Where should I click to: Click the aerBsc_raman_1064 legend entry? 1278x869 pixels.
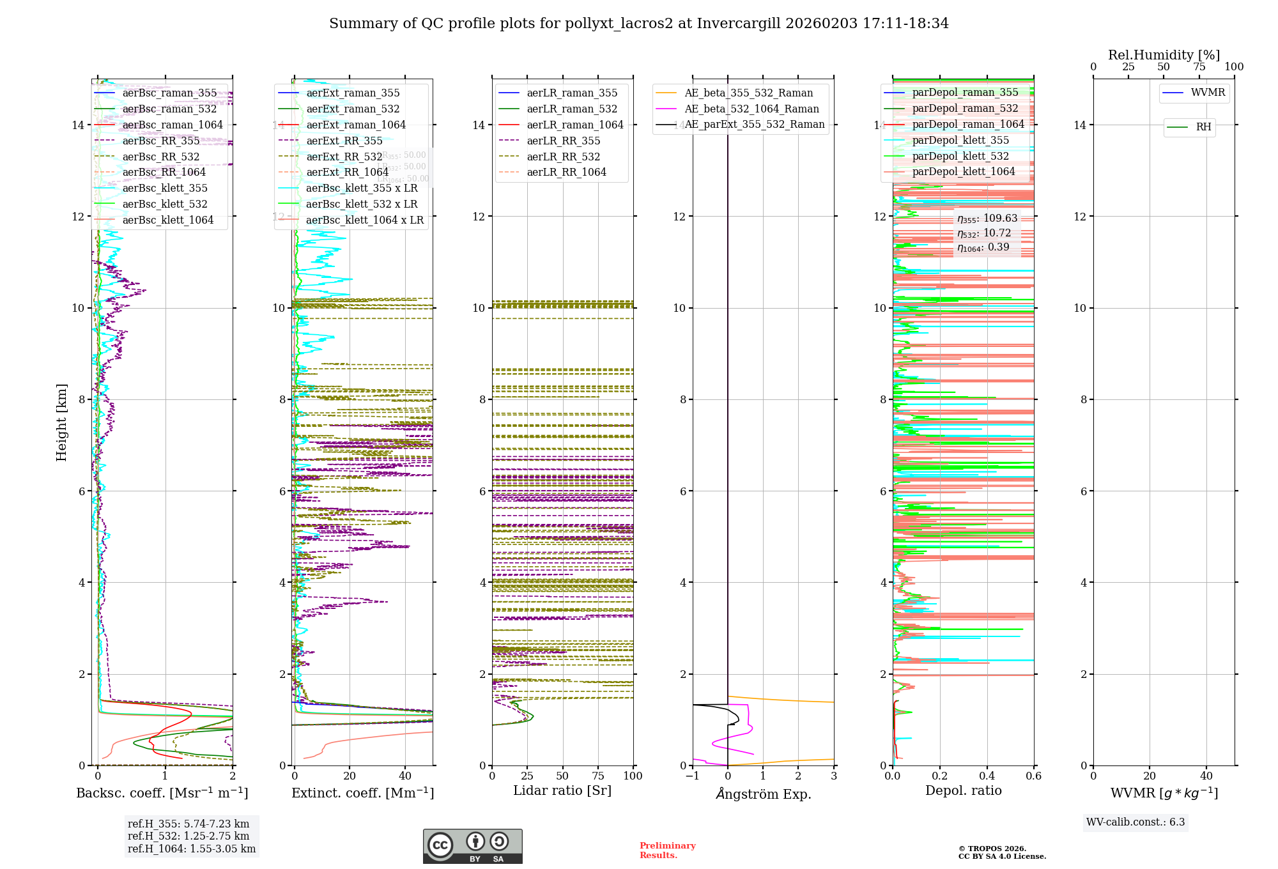coord(173,125)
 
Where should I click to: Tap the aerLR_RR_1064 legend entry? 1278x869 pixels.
coord(566,173)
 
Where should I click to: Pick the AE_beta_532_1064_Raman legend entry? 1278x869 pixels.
coord(751,109)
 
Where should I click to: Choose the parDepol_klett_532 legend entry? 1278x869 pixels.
coord(960,157)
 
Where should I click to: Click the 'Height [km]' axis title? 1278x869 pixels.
coord(61,422)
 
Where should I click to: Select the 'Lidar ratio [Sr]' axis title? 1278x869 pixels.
coord(562,790)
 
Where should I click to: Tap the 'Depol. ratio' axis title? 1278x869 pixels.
coord(963,790)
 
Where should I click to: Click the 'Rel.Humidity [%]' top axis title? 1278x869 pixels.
coord(1164,55)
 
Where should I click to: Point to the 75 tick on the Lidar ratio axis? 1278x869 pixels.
coord(598,776)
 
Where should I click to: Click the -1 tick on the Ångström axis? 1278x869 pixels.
coord(692,776)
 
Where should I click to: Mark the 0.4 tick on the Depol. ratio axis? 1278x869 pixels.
coord(987,776)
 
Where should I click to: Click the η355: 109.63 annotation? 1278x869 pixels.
coord(987,219)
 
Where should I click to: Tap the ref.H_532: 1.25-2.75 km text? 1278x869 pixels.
coord(189,836)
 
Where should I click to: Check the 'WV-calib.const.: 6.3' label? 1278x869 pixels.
coord(1136,822)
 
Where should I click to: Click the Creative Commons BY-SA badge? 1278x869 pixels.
coord(472,847)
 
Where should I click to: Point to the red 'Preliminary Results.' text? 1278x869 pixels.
coord(667,850)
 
